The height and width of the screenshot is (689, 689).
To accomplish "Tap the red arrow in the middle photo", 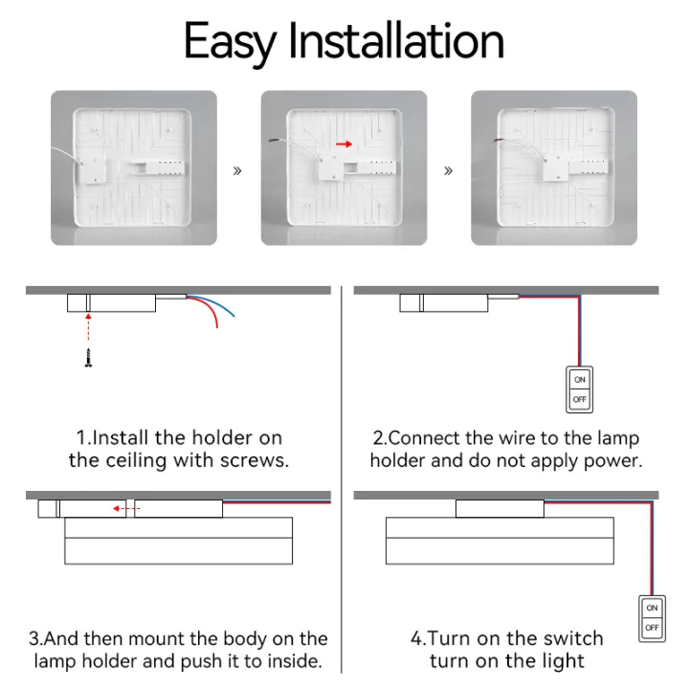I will click(x=344, y=144).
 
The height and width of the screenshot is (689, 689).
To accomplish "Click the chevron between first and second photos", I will click(x=237, y=171).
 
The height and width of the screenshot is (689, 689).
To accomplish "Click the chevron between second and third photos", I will click(x=448, y=171).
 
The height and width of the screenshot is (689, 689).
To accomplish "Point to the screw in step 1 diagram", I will click(x=88, y=358).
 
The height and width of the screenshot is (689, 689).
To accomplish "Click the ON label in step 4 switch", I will click(x=652, y=608).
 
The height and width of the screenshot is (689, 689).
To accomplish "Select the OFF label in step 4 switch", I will click(x=652, y=628).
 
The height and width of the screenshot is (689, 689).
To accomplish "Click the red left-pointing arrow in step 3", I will click(x=121, y=509).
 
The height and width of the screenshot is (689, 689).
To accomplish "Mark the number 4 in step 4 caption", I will click(x=417, y=638).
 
